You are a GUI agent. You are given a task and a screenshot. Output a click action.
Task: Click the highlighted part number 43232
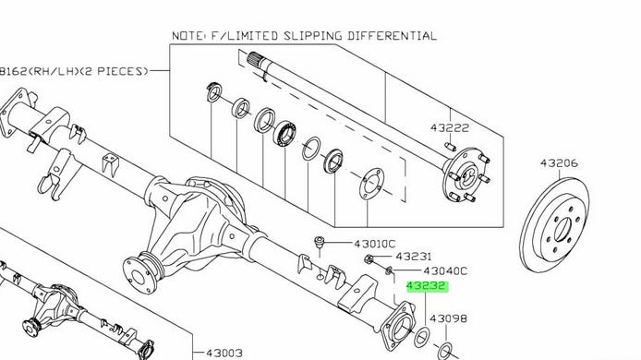426,286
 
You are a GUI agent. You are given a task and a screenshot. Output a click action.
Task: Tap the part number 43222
450,128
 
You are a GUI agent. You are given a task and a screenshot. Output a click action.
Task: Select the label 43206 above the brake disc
559,163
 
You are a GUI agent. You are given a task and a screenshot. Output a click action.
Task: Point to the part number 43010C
375,244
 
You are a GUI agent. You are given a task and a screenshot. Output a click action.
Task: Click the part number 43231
414,257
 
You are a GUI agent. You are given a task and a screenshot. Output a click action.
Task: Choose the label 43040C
445,270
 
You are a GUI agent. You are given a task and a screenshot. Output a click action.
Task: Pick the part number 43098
448,318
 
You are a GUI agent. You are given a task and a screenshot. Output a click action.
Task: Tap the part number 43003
224,353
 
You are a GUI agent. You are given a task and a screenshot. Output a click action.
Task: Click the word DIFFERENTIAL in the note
392,36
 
